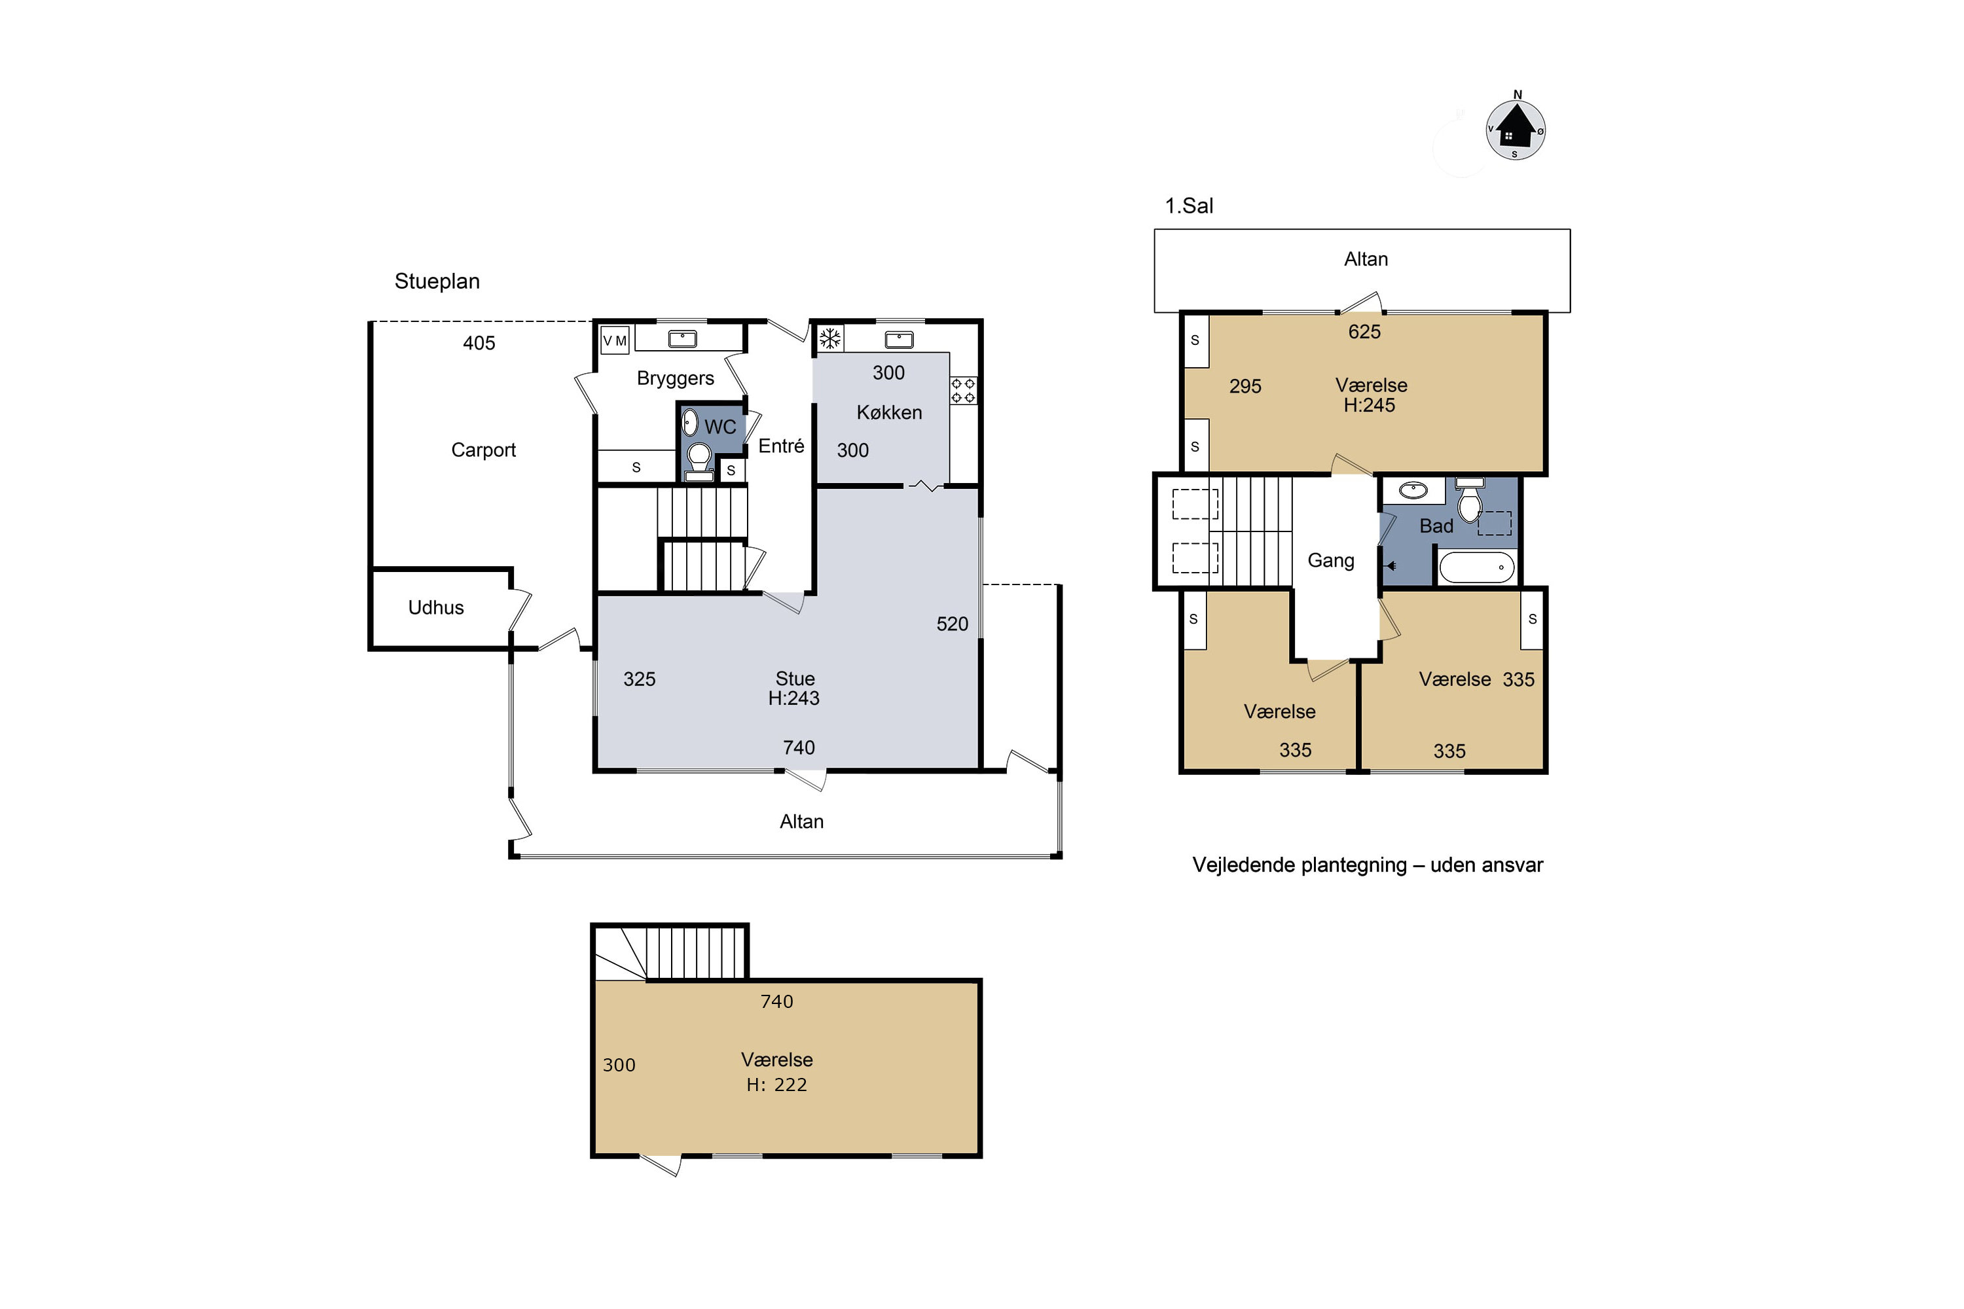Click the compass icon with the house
coord(1516,130)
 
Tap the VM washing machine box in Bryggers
coord(615,340)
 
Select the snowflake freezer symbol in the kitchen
coord(829,338)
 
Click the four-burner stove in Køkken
coord(963,390)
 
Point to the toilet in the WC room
coord(699,461)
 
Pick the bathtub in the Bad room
coord(1476,567)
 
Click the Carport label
coord(484,450)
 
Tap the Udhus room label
coord(436,607)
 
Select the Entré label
coord(781,446)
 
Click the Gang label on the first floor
coord(1330,560)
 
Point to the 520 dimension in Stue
coord(952,624)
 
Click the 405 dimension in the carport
coord(479,342)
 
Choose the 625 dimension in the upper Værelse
coord(1364,331)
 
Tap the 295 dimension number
coord(1245,386)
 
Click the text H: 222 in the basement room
coord(776,1085)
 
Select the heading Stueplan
coord(437,281)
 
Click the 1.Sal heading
coord(1189,206)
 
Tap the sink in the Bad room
coord(1413,490)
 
